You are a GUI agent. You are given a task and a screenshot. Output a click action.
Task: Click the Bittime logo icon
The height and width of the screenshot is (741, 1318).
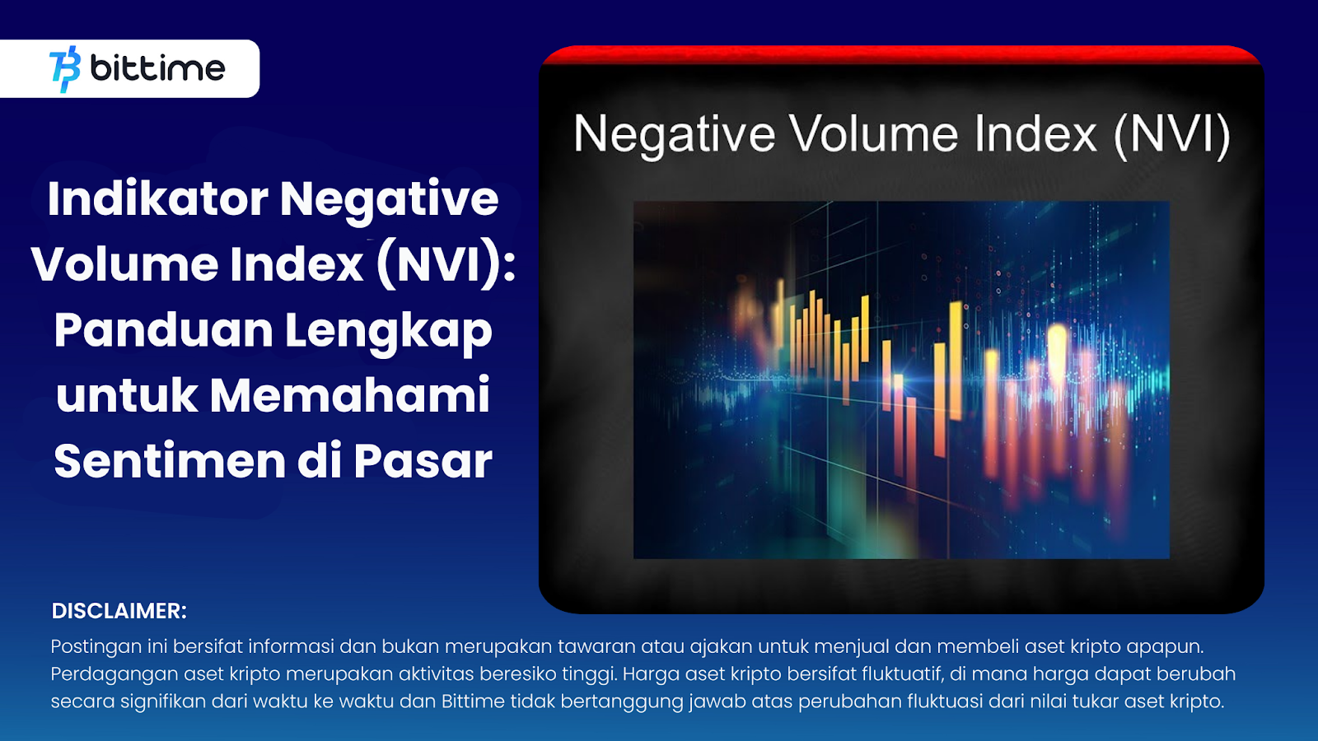pyautogui.click(x=65, y=69)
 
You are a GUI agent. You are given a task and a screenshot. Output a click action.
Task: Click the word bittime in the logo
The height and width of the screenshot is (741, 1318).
pyautogui.click(x=157, y=69)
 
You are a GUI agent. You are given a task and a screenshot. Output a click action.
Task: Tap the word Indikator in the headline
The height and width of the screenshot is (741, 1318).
pyautogui.click(x=157, y=198)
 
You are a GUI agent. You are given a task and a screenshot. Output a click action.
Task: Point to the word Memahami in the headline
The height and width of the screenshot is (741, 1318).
pyautogui.click(x=349, y=395)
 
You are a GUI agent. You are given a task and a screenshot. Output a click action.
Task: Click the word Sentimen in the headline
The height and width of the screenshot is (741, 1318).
pyautogui.click(x=170, y=461)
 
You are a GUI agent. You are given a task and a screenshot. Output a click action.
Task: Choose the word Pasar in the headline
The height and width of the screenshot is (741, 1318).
pyautogui.click(x=423, y=461)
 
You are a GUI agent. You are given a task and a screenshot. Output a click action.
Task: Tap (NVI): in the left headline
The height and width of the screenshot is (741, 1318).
pyautogui.click(x=446, y=264)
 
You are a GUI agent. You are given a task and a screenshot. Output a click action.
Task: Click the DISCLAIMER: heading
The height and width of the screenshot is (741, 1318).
pyautogui.click(x=119, y=611)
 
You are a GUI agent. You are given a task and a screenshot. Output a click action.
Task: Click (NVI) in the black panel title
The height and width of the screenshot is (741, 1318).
pyautogui.click(x=1172, y=137)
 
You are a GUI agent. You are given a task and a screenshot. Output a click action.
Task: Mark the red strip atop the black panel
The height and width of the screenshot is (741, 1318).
pyautogui.click(x=901, y=54)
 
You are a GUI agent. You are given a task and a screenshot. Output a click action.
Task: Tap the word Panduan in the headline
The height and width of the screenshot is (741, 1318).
pyautogui.click(x=164, y=330)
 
